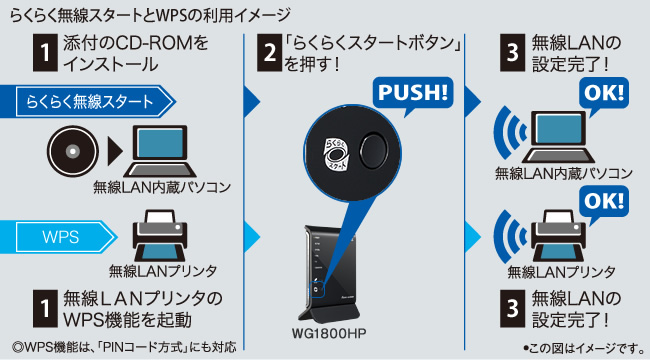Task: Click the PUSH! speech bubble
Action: point(413,93)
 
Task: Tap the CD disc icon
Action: point(73,151)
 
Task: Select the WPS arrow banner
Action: point(65,237)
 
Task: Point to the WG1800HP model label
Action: point(329,333)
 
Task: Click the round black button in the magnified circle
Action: point(373,150)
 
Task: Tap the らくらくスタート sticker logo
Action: point(335,154)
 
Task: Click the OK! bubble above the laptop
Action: point(604,95)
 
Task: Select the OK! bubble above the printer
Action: point(604,203)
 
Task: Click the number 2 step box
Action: point(269,53)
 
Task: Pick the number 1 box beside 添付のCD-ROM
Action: point(45,53)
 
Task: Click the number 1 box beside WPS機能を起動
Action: point(45,309)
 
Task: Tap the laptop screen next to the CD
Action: point(160,143)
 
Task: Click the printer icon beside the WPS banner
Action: point(160,235)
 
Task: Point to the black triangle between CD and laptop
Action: point(115,151)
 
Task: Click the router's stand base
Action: point(330,313)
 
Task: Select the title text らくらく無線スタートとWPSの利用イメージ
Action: point(150,15)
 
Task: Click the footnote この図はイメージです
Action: point(584,348)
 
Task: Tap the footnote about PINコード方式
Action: point(124,347)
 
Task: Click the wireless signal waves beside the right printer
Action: point(509,236)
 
